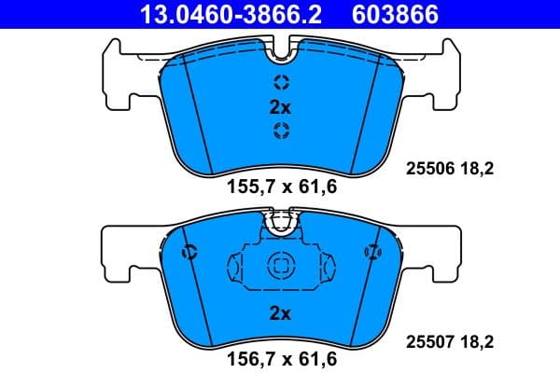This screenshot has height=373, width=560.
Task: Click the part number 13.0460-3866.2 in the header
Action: tap(217, 14)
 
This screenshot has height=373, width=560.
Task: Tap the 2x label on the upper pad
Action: tap(280, 107)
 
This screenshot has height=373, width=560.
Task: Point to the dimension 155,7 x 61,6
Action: tap(281, 186)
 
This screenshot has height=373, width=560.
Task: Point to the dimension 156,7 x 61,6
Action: tap(281, 356)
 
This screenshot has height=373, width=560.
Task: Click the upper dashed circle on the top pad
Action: tap(280, 81)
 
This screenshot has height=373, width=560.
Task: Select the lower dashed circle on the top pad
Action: tap(280, 131)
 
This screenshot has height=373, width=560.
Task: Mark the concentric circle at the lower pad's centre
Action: tap(280, 266)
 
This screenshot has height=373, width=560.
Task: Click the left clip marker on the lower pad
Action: tap(189, 251)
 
